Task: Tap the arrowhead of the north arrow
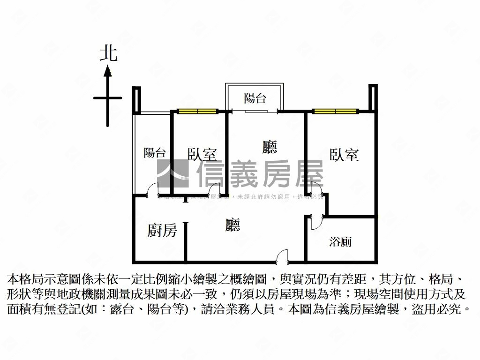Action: [x=107, y=71]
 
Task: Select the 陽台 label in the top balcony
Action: [x=255, y=98]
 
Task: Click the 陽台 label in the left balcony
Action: [x=154, y=152]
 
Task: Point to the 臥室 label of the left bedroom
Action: [x=202, y=154]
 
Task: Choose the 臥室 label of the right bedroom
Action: [x=344, y=155]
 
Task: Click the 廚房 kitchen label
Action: [x=162, y=230]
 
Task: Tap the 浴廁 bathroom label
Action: [x=340, y=242]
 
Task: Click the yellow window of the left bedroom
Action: [x=197, y=112]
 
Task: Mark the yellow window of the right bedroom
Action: [x=335, y=112]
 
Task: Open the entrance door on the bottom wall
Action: [x=281, y=257]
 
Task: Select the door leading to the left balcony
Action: [x=152, y=190]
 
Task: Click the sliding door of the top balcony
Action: [x=255, y=112]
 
